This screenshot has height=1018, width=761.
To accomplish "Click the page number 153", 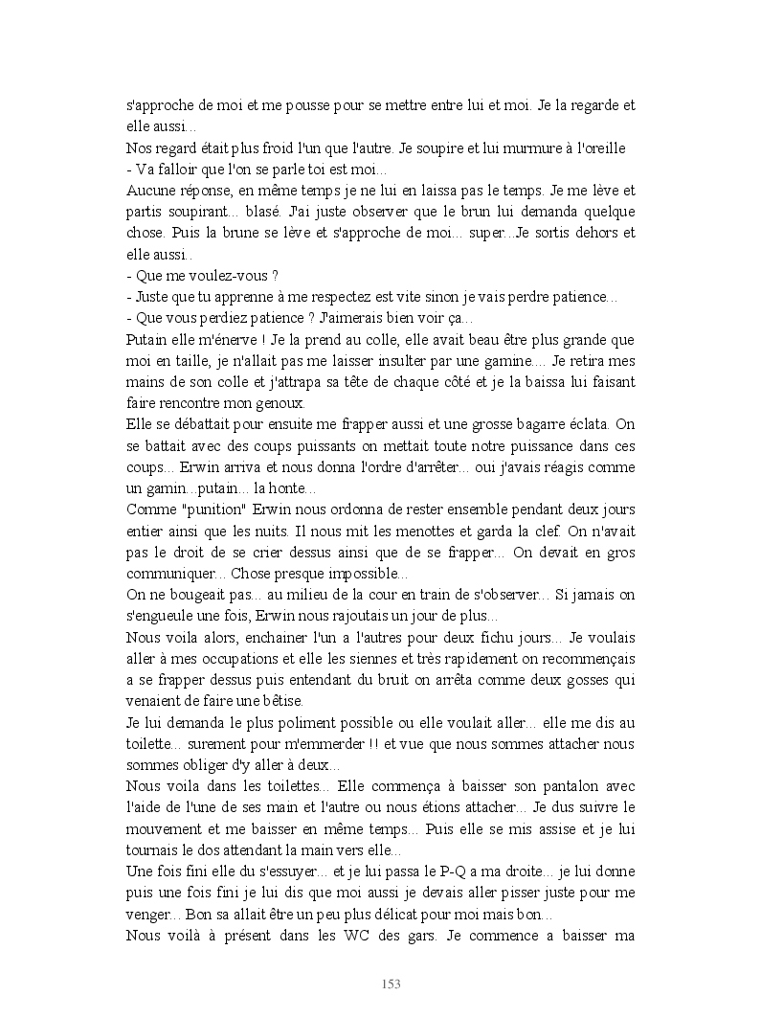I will pyautogui.click(x=391, y=984).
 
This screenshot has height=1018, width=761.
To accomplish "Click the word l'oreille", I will pyautogui.click(x=608, y=148).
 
